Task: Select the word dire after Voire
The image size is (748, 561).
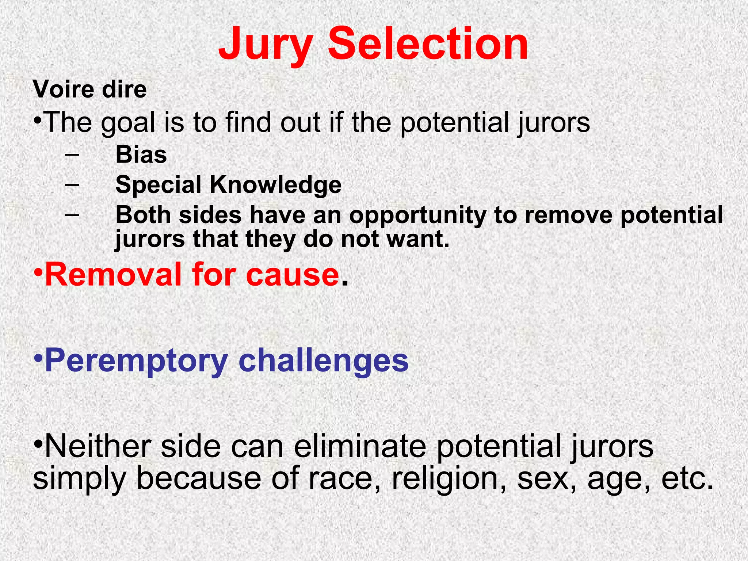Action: click(x=125, y=89)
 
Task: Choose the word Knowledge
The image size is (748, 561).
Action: click(x=276, y=185)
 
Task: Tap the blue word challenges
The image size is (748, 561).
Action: click(x=323, y=361)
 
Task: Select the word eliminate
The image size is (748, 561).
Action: click(x=360, y=446)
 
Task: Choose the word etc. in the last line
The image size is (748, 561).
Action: click(x=687, y=479)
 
